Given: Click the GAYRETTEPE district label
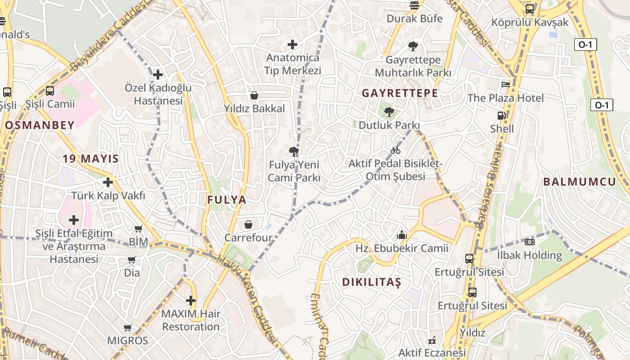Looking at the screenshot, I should [400, 93].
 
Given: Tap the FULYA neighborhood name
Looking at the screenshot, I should [227, 200].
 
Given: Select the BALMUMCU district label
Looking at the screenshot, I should [579, 182].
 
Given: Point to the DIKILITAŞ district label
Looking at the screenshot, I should [371, 282].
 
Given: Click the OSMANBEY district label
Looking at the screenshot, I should [40, 126].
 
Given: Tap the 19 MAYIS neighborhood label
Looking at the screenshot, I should [90, 158].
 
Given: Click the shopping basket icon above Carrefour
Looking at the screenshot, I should [248, 224].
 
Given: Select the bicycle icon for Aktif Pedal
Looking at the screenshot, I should [396, 150].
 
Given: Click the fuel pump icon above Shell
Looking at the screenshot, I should [501, 116].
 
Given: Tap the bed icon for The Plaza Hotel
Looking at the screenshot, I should [506, 84].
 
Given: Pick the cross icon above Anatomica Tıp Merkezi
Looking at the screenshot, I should [292, 44].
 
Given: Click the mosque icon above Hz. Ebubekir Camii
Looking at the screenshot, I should [401, 234].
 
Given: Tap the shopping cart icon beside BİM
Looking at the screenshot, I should [139, 229].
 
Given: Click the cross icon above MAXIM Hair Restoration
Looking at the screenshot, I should [191, 300].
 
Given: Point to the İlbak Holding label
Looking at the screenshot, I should [530, 255].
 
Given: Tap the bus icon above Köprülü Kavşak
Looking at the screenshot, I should [530, 9].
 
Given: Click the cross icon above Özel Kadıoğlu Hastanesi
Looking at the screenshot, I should [158, 74].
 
